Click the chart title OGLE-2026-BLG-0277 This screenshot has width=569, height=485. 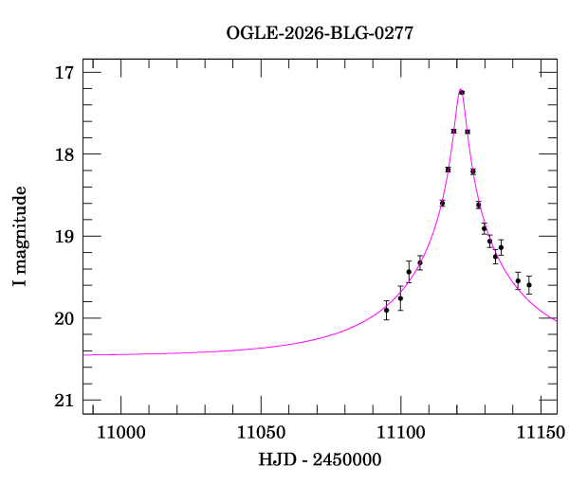[320, 33]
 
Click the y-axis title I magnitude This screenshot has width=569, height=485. [20, 237]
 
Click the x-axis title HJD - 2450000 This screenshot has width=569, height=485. [320, 460]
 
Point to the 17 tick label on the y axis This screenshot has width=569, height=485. [65, 73]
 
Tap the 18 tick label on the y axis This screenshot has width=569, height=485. [65, 154]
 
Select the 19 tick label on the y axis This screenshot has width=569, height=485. [65, 237]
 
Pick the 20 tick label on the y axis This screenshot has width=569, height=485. [65, 318]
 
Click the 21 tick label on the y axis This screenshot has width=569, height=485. [65, 401]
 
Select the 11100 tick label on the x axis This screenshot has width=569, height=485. [400, 432]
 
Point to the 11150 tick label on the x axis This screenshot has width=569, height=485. [540, 432]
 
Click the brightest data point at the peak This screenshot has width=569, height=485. [461, 92]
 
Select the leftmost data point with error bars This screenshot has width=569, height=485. [386, 310]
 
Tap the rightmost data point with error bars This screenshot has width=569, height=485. [528, 285]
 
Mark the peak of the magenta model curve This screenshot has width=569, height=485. [461, 90]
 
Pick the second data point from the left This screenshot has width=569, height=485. [400, 298]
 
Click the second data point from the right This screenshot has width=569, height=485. [518, 280]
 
